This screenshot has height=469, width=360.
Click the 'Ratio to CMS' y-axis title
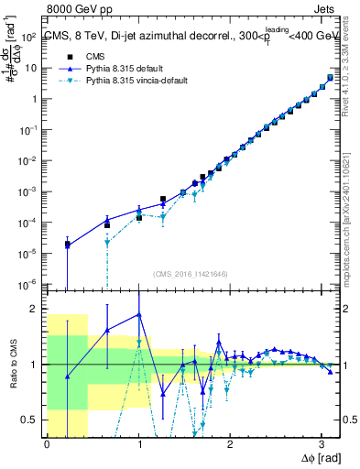[x=12, y=365]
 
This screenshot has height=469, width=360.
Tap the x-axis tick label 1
[x=138, y=444]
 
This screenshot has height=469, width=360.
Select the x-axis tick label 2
[x=230, y=444]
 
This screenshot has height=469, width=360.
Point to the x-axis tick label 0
[x=47, y=444]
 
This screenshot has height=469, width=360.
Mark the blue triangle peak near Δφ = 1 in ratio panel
[x=138, y=314]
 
